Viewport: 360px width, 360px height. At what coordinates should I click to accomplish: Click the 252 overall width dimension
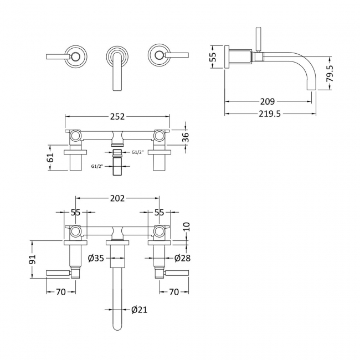pos(117,116)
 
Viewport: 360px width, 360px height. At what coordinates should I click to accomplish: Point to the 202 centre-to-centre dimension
pos(117,198)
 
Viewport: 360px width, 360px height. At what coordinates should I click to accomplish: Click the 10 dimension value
pos(186,226)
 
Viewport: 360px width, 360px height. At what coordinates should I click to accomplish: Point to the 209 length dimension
pos(268,101)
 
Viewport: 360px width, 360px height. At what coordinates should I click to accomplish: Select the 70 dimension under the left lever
pos(60,292)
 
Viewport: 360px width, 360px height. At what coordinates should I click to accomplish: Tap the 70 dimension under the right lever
pos(174,292)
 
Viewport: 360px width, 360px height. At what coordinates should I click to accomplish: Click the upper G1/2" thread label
pos(137,152)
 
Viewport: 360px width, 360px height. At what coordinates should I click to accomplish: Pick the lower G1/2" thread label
pos(97,166)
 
